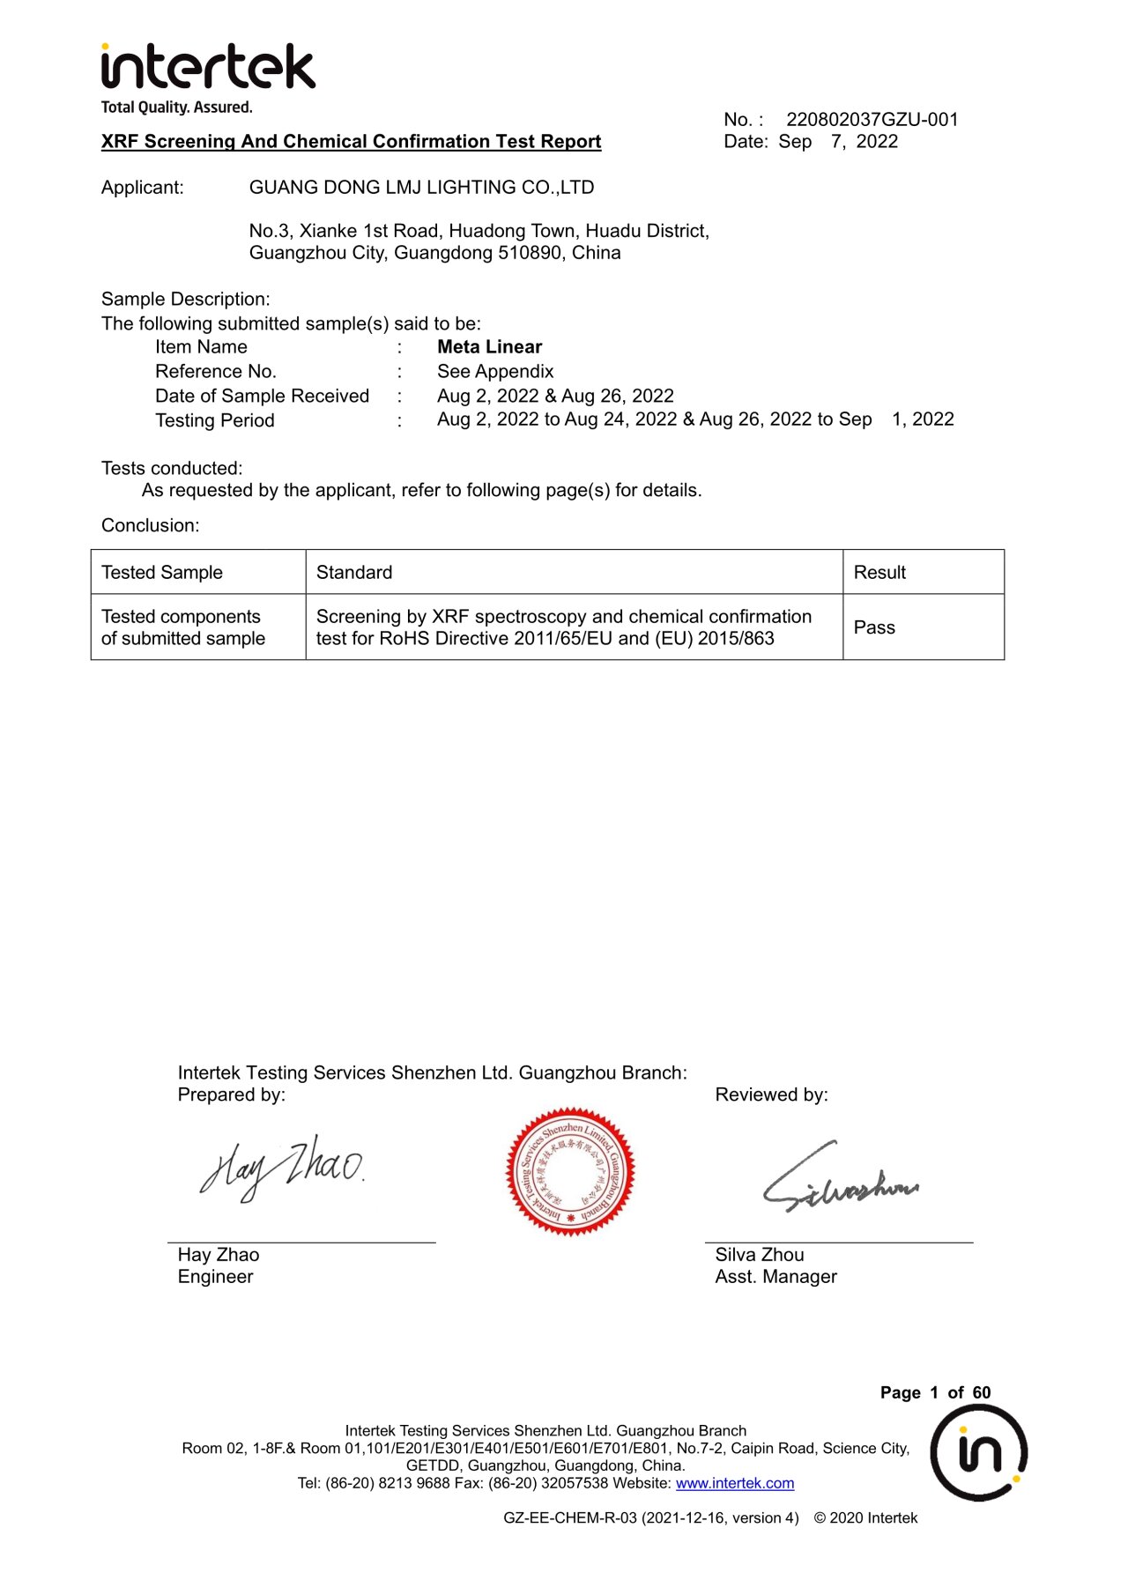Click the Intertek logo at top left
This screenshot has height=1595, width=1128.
click(207, 69)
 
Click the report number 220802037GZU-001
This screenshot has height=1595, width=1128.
click(872, 120)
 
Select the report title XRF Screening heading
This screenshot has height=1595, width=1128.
click(351, 142)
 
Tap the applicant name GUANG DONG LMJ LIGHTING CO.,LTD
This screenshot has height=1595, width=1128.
click(421, 188)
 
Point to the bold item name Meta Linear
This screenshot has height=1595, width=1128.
click(489, 347)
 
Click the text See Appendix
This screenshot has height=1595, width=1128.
click(495, 372)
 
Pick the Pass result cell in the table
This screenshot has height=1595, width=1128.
click(874, 627)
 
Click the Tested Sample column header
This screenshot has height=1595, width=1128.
click(162, 573)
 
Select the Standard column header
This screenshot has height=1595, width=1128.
click(354, 573)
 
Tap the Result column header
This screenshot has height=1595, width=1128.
click(879, 573)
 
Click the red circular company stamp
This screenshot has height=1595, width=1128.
click(570, 1171)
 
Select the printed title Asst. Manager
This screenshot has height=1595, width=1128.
click(775, 1277)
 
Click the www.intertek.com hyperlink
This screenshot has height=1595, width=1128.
click(735, 1484)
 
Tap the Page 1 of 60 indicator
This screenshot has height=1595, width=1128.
click(935, 1393)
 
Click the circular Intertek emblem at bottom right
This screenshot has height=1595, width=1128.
click(978, 1453)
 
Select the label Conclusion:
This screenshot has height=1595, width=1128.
click(151, 526)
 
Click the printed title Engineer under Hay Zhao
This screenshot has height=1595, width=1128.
click(215, 1277)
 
